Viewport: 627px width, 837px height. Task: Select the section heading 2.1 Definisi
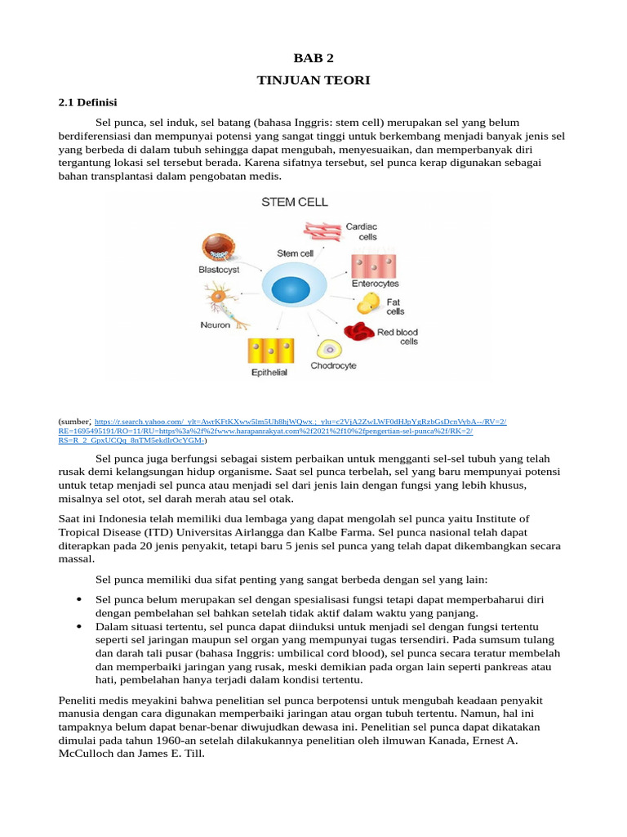(x=89, y=102)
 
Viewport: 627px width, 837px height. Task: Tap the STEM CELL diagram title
(x=294, y=200)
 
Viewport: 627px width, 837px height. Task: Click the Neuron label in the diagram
(x=216, y=325)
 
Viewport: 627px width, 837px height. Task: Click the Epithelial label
(x=269, y=373)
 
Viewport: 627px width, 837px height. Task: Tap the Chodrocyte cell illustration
(x=330, y=349)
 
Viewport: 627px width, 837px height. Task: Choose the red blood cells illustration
(x=359, y=331)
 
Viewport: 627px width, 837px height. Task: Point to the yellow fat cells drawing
(x=370, y=304)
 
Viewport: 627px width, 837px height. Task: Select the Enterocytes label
(x=375, y=284)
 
